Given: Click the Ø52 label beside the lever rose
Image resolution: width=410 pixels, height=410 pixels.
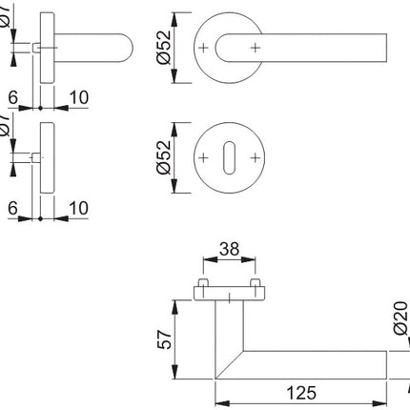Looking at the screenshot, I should coord(164,46).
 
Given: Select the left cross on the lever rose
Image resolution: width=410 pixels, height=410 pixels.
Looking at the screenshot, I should coord(204,46).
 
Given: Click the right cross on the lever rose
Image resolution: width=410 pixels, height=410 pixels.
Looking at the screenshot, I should coord(254,46).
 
